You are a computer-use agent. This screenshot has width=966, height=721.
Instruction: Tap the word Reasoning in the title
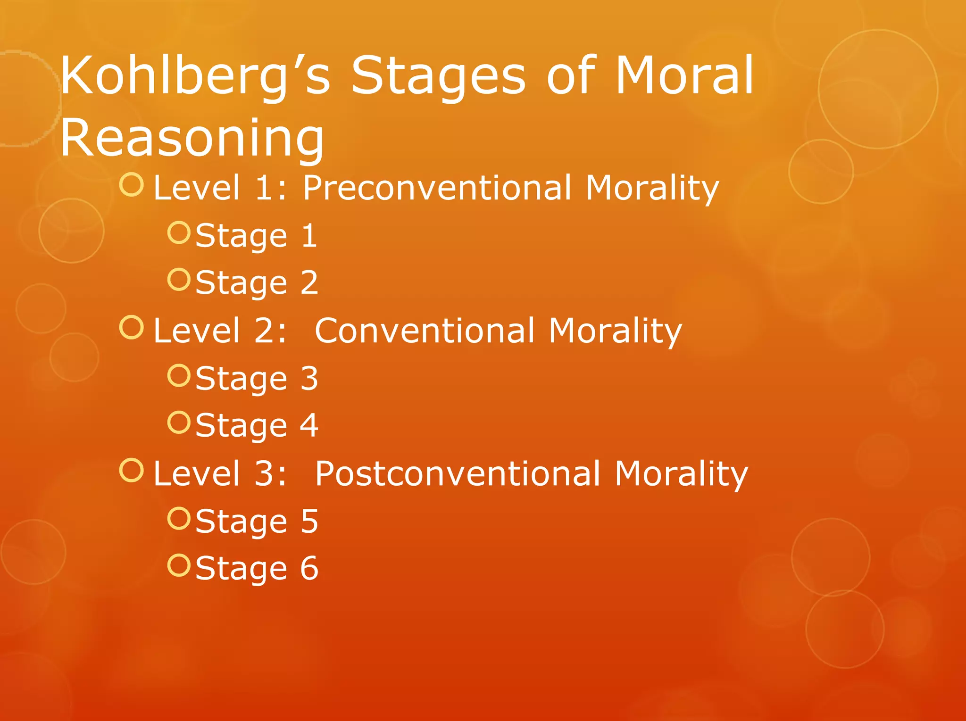[x=192, y=138]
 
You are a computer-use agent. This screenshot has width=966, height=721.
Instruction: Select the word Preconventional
[x=437, y=188]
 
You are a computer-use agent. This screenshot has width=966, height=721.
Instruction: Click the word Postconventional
[x=458, y=473]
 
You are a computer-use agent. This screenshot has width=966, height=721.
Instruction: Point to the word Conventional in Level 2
[x=425, y=331]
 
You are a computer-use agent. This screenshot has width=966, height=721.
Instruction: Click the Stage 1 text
[x=256, y=235]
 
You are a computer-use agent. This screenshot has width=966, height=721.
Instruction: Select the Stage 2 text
[x=257, y=282]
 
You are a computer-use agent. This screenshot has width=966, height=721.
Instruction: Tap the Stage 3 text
[x=257, y=378]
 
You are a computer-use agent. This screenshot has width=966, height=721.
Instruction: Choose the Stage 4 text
[x=257, y=425]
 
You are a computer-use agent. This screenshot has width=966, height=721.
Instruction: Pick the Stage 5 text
[x=257, y=521]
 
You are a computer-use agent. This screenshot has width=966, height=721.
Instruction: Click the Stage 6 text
[x=257, y=568]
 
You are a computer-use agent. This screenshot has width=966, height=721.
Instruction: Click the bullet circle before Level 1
[x=131, y=185]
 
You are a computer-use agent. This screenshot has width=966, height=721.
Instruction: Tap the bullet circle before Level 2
[x=131, y=327]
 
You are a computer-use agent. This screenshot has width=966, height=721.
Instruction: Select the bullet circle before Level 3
[x=131, y=470]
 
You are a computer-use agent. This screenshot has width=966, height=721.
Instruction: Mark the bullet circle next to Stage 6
[x=179, y=565]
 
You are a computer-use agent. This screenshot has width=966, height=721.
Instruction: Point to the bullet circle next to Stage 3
[x=179, y=375]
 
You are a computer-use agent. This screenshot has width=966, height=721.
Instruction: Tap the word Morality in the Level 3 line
[x=681, y=473]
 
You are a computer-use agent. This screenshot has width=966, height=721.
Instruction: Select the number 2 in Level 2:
[x=266, y=331]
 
